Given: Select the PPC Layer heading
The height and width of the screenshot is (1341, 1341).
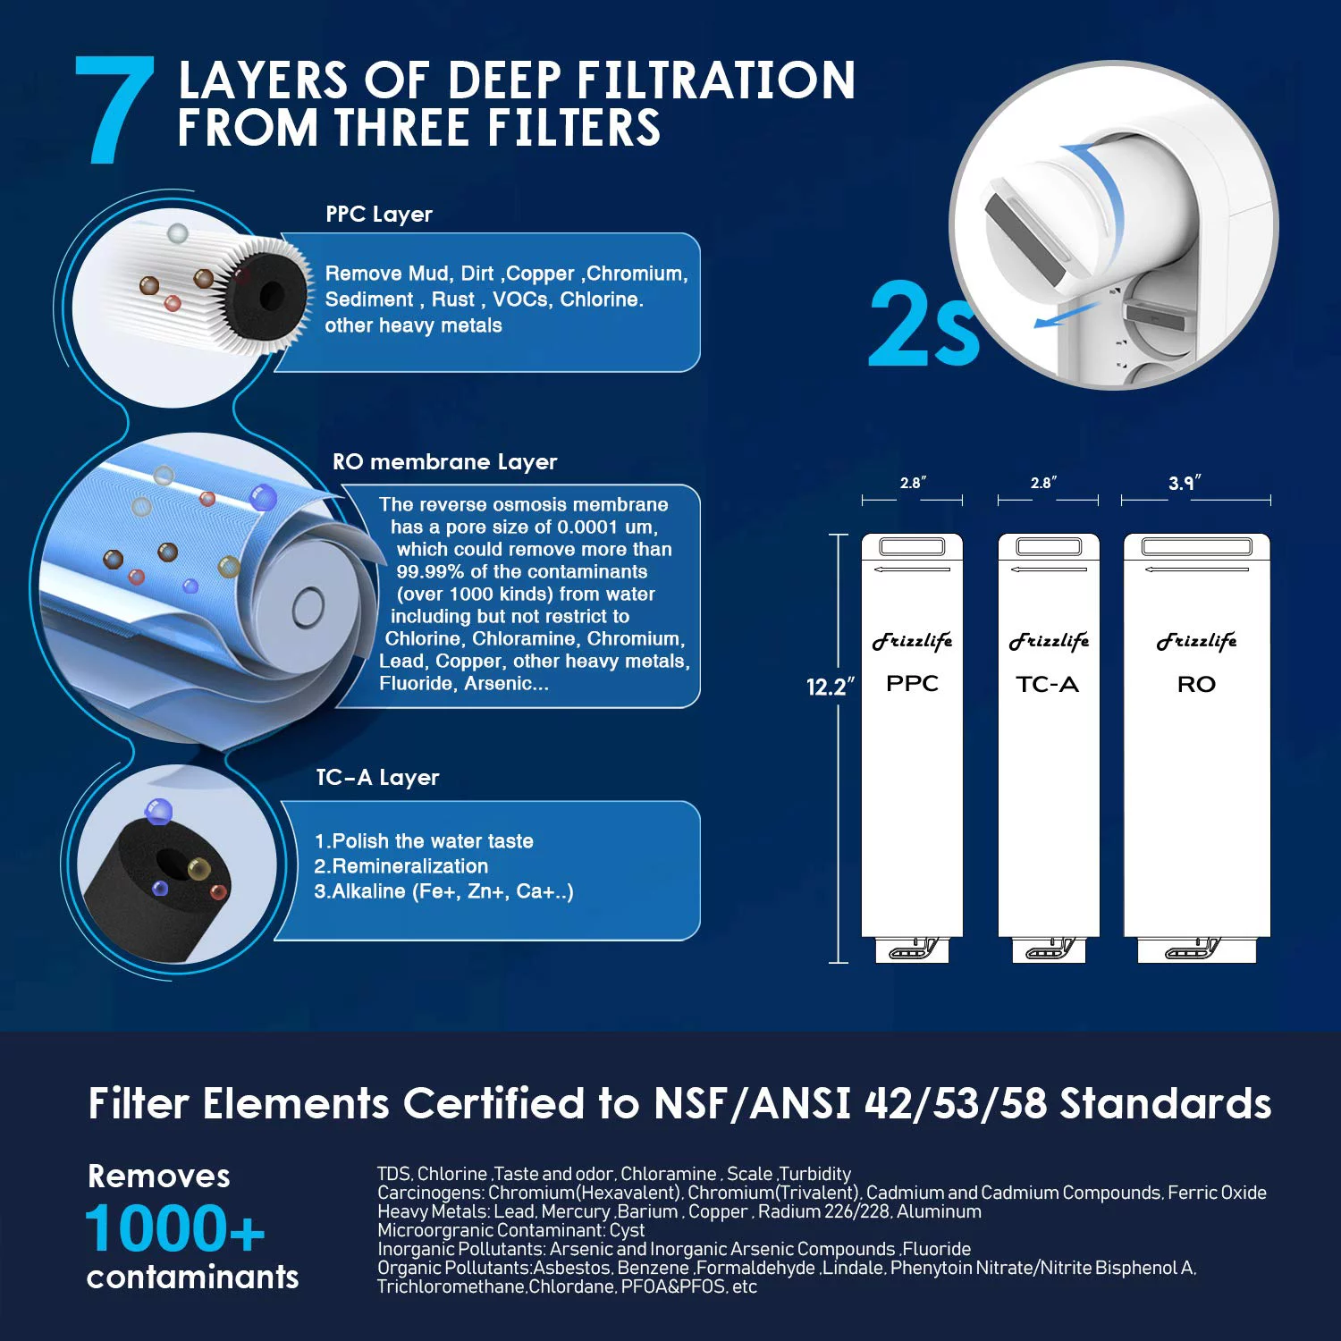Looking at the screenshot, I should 379,215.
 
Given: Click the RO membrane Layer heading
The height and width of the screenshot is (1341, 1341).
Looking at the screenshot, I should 444,462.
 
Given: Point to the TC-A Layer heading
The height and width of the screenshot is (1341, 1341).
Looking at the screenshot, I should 377,778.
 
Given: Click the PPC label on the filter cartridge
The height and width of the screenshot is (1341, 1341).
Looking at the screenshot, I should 912,684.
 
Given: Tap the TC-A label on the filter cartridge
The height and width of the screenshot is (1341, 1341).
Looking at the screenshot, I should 1047,685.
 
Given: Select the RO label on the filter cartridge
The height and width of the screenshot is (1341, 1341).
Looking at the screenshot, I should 1196,685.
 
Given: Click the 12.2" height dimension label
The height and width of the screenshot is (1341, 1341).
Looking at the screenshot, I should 829,687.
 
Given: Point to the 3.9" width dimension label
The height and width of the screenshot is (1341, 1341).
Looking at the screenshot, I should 1185,483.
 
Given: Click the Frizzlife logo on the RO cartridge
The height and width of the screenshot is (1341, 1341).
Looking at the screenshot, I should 1196,641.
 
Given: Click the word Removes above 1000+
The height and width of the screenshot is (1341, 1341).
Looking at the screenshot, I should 159,1177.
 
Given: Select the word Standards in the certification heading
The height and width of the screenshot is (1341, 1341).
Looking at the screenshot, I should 1166,1104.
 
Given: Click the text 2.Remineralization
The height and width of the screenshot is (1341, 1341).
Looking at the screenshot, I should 401,866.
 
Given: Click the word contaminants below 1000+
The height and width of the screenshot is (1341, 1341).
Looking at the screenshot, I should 192,1278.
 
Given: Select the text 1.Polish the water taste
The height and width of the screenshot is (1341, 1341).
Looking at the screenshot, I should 424,841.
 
